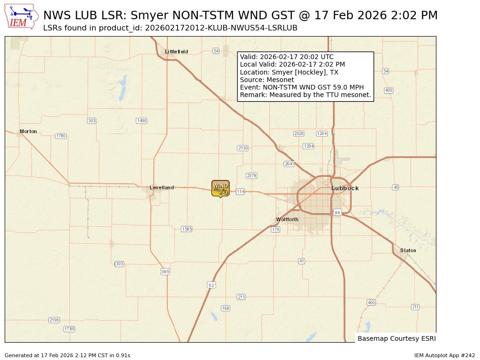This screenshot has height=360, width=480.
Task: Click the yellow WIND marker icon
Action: (220, 188)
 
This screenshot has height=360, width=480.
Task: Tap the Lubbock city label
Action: (345, 188)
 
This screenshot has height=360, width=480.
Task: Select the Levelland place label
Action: (162, 188)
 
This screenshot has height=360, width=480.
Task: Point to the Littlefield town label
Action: (176, 52)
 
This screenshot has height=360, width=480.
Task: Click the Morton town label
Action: (28, 132)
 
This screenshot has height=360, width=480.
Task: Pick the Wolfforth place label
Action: (287, 219)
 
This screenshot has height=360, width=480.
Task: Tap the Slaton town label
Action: (408, 250)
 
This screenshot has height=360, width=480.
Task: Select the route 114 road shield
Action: (240, 192)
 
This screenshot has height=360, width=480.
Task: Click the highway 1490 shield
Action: (142, 121)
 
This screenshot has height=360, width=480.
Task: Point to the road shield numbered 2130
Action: (243, 148)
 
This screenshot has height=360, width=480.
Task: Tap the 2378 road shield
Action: (252, 176)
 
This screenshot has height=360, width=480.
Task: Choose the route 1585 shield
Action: (187, 229)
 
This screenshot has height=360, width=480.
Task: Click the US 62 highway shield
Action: (211, 285)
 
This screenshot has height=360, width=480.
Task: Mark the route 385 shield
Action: (165, 271)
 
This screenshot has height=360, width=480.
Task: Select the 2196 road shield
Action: (54, 320)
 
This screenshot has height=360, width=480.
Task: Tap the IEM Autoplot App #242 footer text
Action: (444, 355)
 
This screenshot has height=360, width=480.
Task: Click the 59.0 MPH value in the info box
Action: (339, 87)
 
